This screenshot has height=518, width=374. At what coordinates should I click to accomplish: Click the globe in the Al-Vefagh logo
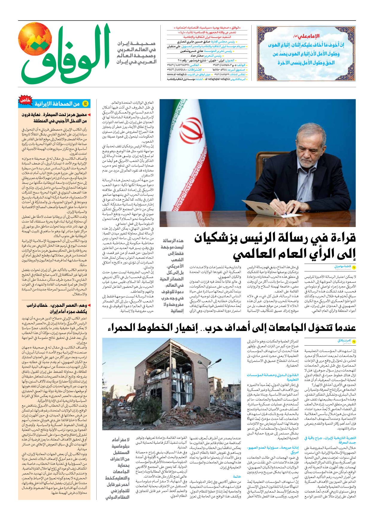[x=35, y=39]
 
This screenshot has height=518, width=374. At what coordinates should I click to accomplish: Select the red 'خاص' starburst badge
[x=25, y=100]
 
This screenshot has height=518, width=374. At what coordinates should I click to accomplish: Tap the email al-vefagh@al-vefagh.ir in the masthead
[x=218, y=79]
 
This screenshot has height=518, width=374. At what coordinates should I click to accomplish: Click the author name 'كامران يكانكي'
[x=344, y=341]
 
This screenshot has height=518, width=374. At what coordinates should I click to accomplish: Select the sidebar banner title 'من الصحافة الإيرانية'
[x=57, y=104]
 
